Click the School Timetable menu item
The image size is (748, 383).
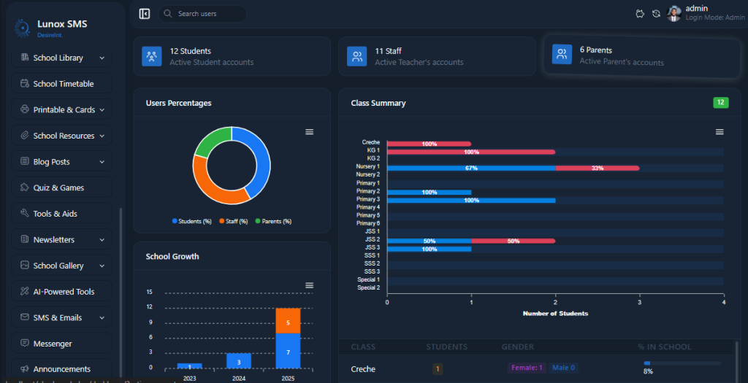[63, 84]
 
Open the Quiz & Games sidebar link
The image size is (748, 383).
[58, 187]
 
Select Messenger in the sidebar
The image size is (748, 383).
[53, 344]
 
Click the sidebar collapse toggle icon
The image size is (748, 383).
[145, 14]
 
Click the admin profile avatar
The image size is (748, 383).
[674, 13]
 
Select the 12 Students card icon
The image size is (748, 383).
[152, 56]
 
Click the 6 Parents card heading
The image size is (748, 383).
[595, 50]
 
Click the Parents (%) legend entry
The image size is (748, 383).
[273, 221]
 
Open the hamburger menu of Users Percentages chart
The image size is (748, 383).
[309, 131]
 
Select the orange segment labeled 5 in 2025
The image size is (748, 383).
[288, 321]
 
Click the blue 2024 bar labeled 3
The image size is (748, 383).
[239, 361]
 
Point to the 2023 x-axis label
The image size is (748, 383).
[189, 379]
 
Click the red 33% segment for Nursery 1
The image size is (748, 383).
[597, 168]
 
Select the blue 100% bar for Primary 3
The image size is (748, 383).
[471, 200]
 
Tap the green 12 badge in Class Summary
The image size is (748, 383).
[720, 103]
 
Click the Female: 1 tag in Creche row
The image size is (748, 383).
[526, 368]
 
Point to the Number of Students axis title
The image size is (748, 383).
[555, 314]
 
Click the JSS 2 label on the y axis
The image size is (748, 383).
[372, 240]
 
